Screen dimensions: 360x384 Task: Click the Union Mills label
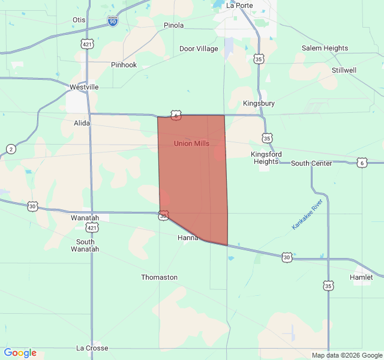[191, 143]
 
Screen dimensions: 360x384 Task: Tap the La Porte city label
[239, 5]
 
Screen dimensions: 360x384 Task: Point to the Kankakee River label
[307, 214]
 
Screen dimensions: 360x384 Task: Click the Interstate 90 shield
[113, 21]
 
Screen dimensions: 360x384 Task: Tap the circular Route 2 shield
[11, 149]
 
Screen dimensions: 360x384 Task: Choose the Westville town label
[83, 87]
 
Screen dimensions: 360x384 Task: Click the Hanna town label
[188, 238]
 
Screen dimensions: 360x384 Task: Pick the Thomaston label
[159, 277]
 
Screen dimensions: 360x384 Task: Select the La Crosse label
[92, 348]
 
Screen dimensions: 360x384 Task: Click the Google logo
[20, 353]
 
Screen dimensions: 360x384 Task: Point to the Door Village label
[199, 49]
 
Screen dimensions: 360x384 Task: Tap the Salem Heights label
[325, 48]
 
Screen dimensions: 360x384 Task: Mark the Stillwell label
[344, 70]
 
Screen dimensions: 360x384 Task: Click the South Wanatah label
[85, 245]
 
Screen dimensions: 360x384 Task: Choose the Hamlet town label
[361, 277]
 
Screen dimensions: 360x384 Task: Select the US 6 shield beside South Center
[361, 163]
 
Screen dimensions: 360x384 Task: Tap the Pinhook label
[124, 65]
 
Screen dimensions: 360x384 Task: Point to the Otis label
[79, 20]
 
